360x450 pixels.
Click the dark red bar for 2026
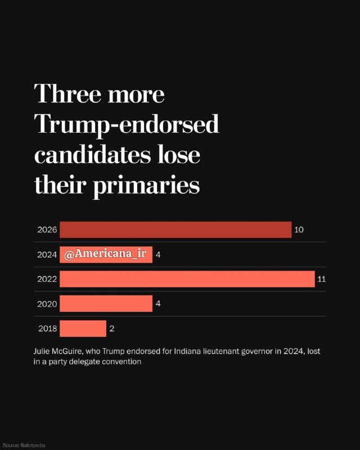point(175,229)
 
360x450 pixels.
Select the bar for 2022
point(187,279)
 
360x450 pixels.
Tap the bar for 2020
point(106,304)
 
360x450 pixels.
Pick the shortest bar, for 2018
point(83,328)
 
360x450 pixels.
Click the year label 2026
point(47,230)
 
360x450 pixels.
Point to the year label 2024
point(47,255)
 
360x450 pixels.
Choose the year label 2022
point(47,279)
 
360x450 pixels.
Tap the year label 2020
point(47,304)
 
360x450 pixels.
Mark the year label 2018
point(48,328)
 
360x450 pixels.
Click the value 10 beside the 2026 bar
point(299,230)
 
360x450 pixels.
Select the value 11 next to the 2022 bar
point(322,279)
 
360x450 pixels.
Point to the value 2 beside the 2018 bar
point(112,328)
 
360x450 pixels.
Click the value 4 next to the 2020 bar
point(158,304)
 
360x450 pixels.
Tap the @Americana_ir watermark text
point(105,254)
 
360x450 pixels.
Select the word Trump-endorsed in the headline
point(127,125)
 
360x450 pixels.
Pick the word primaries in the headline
point(146,186)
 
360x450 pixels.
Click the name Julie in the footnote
point(42,351)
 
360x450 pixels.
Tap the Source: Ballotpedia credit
point(24,445)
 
